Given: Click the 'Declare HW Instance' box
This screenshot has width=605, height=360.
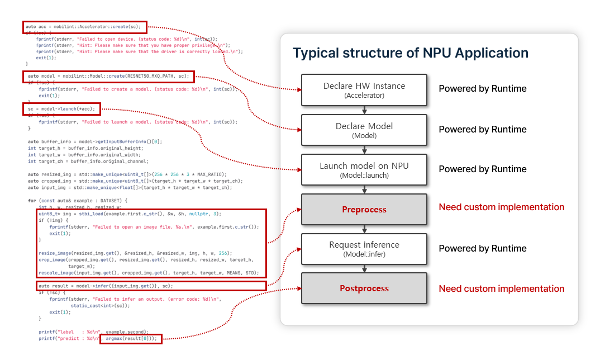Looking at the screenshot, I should click(x=364, y=89).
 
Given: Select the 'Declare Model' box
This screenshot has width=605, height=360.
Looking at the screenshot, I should click(x=364, y=130).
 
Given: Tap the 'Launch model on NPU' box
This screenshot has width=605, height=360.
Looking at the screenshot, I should click(x=364, y=169).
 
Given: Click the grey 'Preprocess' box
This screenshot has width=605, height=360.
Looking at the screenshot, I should click(x=364, y=209).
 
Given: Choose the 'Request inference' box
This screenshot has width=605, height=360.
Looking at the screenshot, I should click(x=364, y=249).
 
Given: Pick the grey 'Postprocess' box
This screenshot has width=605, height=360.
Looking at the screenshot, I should click(x=364, y=288).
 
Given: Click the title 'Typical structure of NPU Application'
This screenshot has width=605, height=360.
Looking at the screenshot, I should click(x=411, y=53).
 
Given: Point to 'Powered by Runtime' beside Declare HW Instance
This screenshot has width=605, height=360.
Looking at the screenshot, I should click(x=482, y=89).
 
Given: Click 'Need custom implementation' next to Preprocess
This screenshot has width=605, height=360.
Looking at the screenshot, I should click(x=501, y=207).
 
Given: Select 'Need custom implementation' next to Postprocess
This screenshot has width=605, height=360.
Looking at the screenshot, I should click(x=501, y=289).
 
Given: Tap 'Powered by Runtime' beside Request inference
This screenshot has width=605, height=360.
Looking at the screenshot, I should click(x=482, y=249).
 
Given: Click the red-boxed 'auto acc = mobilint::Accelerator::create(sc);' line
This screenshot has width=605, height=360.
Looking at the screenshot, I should click(x=85, y=27).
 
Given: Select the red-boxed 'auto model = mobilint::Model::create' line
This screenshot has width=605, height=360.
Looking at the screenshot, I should click(x=109, y=76).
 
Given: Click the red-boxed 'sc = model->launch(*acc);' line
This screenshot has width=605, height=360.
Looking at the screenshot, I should click(x=62, y=108).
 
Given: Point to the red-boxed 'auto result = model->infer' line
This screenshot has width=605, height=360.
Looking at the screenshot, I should click(x=106, y=286).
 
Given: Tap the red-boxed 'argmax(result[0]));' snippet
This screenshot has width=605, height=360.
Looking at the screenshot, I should click(x=131, y=338).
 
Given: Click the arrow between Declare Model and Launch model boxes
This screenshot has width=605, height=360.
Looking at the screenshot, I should click(x=364, y=150).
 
